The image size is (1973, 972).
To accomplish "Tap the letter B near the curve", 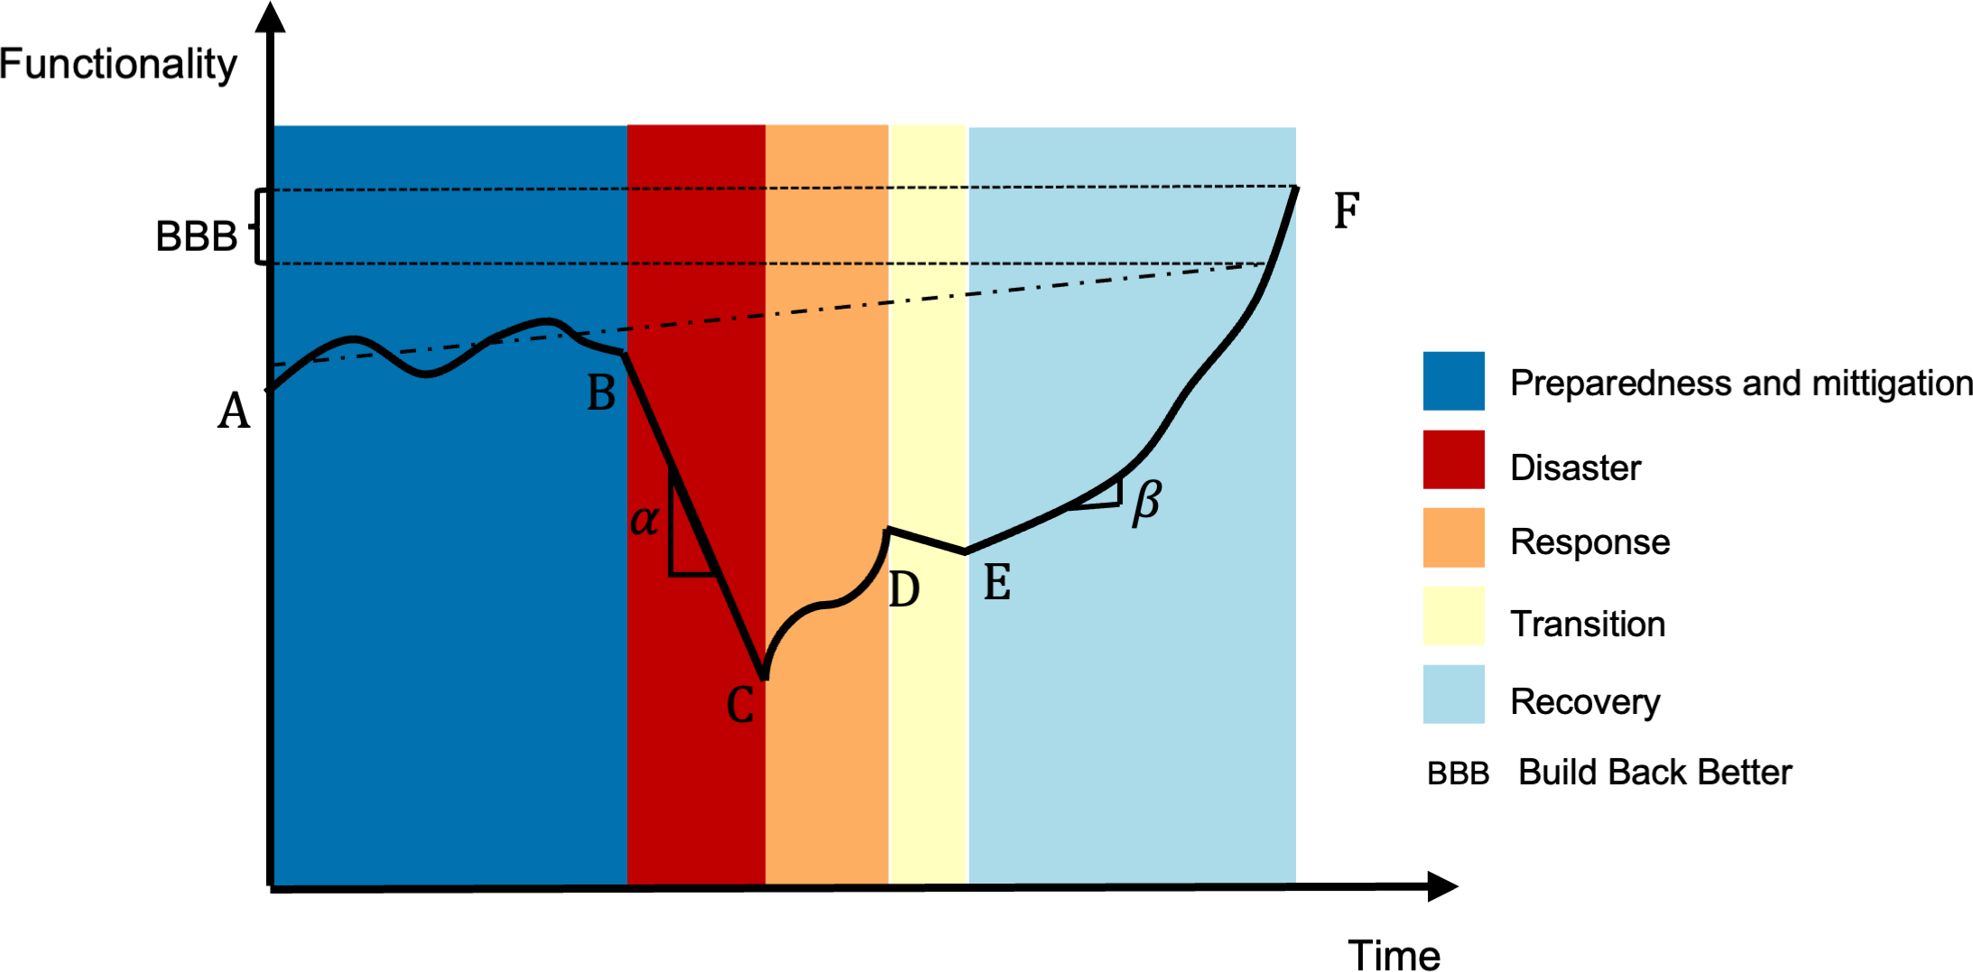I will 601,393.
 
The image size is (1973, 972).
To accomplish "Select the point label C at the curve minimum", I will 740,706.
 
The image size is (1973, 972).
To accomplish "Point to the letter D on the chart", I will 903,590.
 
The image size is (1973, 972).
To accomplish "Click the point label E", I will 996,582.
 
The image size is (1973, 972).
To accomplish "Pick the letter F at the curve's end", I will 1347,212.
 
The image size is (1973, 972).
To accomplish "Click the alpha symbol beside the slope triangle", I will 644,520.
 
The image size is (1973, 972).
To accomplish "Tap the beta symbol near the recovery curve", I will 1147,502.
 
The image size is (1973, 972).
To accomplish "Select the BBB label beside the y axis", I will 196,236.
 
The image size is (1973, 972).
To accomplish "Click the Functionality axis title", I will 118,64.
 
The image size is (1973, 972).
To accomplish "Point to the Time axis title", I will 1394,955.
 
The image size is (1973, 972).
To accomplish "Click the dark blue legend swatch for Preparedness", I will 1453,381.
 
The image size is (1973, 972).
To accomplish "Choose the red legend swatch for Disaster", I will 1453,459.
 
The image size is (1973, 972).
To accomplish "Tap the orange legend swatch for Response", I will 1453,538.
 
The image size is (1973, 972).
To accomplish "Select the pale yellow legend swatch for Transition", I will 1453,616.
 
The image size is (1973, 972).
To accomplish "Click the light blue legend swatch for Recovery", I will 1453,694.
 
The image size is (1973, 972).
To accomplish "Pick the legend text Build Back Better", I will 1654,773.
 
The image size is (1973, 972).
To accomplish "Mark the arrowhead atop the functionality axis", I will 270,16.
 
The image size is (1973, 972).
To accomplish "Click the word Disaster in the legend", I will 1575,467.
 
